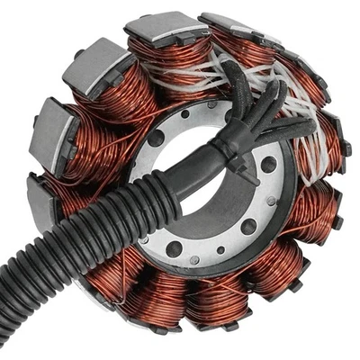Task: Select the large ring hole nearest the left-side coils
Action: [x=155, y=139]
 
